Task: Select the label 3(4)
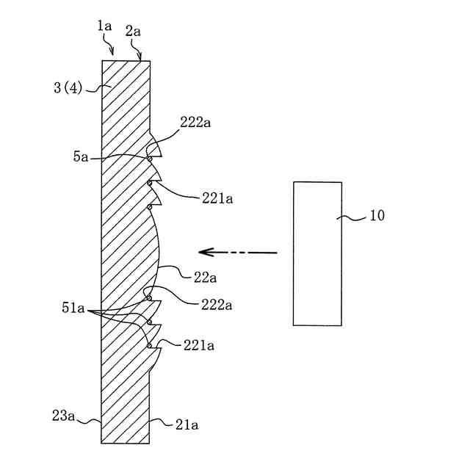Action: point(69,89)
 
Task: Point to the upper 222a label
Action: point(195,123)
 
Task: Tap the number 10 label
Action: point(375,216)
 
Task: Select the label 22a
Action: point(203,277)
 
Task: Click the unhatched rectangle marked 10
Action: point(317,253)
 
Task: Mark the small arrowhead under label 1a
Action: point(112,52)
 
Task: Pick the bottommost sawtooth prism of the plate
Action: point(154,360)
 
